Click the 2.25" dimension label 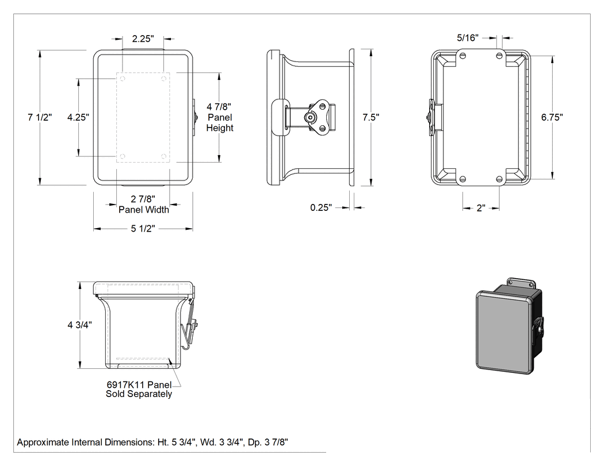coord(143,38)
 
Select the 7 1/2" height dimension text coord(40,117)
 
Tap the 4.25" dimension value coord(78,117)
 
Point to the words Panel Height coord(220,122)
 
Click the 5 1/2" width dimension coord(143,229)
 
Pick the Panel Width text coord(144,210)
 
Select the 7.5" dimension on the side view coord(371,117)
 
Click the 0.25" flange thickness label coord(321,207)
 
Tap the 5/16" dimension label coord(468,38)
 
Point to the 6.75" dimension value coord(552,117)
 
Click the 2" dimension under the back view coord(481,208)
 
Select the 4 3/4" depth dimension coord(80,325)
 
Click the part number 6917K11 coord(125,384)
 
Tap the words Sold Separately coord(139,394)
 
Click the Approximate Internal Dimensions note coord(152,442)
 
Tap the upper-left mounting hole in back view coord(463,55)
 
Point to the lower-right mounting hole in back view coord(499,179)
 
